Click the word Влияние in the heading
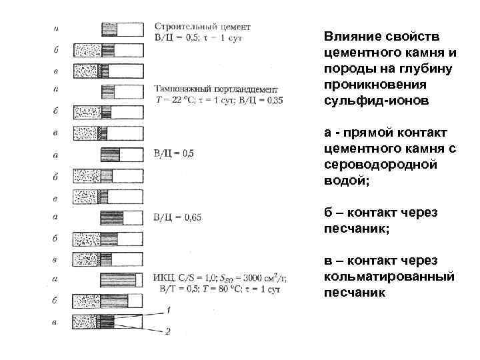pos(347,35)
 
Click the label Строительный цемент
pos(202,27)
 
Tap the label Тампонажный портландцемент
pos(216,89)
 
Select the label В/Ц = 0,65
pos(177,217)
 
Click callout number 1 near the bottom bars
pos(169,309)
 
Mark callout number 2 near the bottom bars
pos(169,330)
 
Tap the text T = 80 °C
pos(225,289)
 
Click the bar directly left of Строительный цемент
pos(122,29)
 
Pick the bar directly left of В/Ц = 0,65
pos(122,217)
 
